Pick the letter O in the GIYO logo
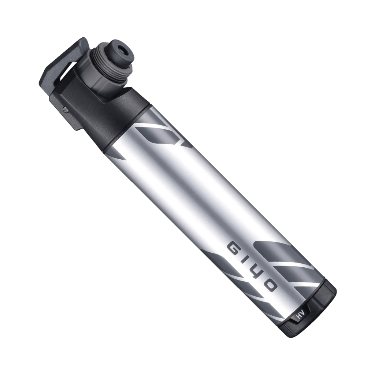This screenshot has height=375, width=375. [x=270, y=285]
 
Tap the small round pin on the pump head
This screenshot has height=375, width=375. [x=65, y=108]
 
